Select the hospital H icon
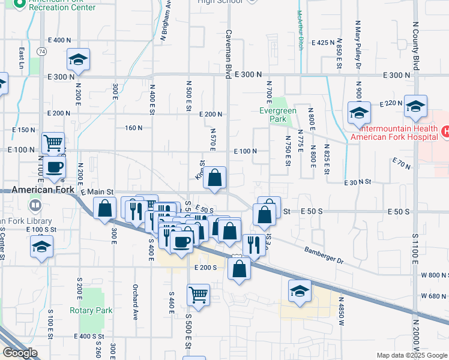point(445,131)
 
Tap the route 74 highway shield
point(41,52)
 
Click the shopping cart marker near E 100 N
point(53,143)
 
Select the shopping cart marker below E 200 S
point(198,295)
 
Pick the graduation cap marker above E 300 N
point(78,59)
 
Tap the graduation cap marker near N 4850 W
point(300,290)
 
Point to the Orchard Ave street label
point(136,302)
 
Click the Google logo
point(20,353)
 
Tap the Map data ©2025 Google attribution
point(412,355)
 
